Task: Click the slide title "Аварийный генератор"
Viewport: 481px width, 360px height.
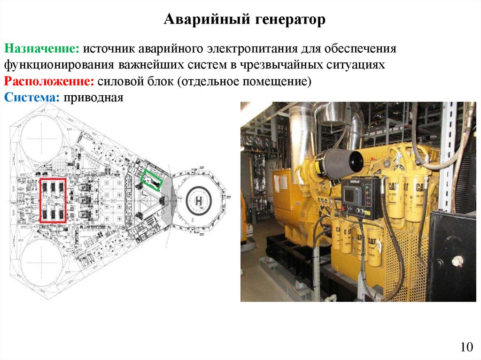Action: [244, 20]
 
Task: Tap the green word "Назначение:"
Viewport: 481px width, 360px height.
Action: [41, 49]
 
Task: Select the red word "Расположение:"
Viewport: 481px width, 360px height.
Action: [49, 82]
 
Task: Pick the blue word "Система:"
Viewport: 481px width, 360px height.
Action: [31, 98]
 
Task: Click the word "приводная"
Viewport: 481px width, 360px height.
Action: [93, 98]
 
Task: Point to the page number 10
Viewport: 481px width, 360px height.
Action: [466, 347]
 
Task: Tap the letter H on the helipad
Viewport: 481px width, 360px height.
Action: [199, 201]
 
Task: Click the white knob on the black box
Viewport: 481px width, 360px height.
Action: [457, 261]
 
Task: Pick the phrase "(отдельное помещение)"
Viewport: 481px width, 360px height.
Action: [244, 82]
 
